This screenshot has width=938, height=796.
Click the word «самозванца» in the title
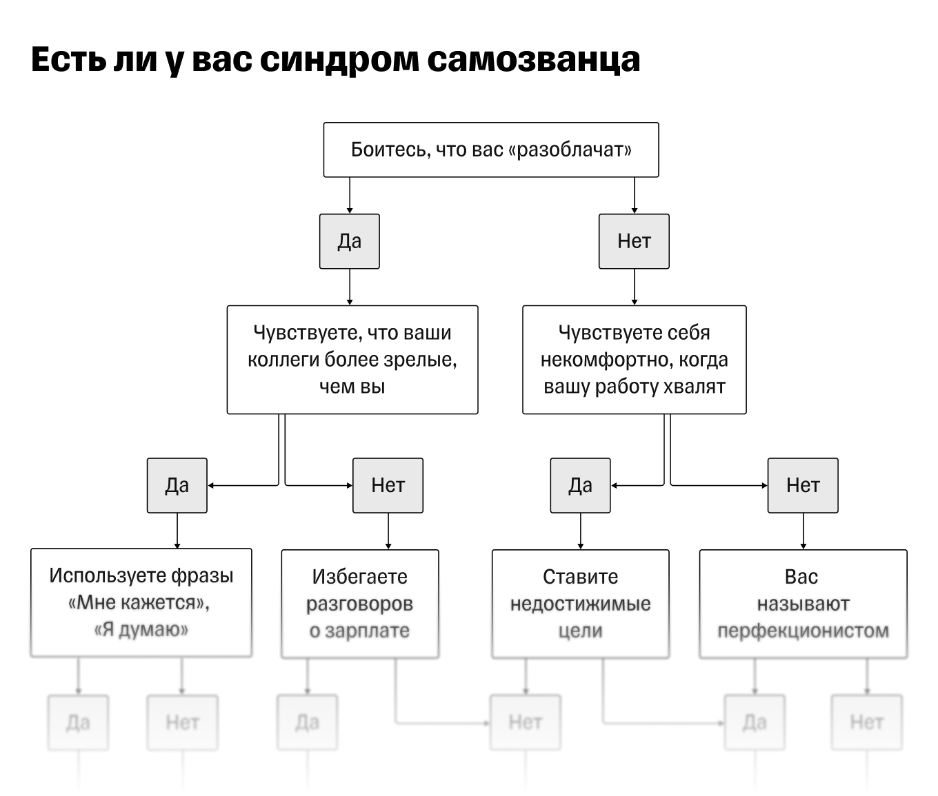(x=533, y=60)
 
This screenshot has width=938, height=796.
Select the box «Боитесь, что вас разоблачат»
(x=491, y=150)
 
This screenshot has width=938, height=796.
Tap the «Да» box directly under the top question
(x=349, y=241)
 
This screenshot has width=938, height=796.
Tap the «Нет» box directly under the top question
(x=634, y=241)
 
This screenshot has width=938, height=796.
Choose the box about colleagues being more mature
(x=352, y=360)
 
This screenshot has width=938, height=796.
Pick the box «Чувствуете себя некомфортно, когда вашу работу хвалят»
(x=634, y=360)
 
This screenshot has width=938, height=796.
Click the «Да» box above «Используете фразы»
(x=177, y=485)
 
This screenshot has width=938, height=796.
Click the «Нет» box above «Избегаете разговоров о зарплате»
(x=388, y=485)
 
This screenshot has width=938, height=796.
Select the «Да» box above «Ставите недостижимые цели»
(x=580, y=485)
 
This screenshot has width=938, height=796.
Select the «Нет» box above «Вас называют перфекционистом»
(x=803, y=485)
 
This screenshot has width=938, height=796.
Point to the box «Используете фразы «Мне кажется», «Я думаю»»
(x=141, y=602)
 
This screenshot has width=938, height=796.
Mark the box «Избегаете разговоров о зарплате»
(x=359, y=604)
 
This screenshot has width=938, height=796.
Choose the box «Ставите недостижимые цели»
(x=580, y=604)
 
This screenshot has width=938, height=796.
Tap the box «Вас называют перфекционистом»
(x=803, y=604)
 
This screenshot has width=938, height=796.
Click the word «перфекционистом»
(x=803, y=631)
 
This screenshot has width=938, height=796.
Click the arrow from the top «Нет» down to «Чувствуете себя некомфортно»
(x=634, y=287)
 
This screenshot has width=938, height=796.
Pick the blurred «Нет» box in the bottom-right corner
(x=866, y=722)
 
